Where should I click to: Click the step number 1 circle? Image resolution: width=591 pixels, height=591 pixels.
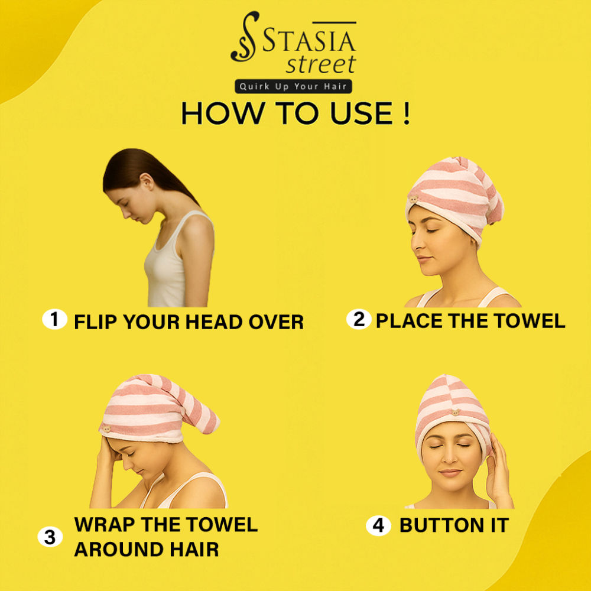54,319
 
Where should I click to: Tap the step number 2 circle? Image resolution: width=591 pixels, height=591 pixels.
359,319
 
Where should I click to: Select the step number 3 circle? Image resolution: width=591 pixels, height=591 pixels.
50,537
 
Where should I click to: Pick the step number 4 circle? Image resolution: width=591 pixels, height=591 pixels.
378,525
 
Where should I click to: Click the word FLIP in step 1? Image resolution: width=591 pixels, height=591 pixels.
96,322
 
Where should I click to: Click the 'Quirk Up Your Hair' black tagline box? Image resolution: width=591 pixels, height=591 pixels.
293,86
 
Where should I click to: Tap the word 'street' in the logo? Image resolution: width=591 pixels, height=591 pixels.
321,64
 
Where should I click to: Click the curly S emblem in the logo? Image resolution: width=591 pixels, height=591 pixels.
245,37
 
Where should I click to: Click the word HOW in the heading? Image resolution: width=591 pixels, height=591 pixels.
217,113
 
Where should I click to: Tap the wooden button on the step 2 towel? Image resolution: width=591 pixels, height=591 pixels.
414,199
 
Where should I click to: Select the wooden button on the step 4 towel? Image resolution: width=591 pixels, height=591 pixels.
456,413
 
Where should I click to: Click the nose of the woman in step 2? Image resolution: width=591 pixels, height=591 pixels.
416,243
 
